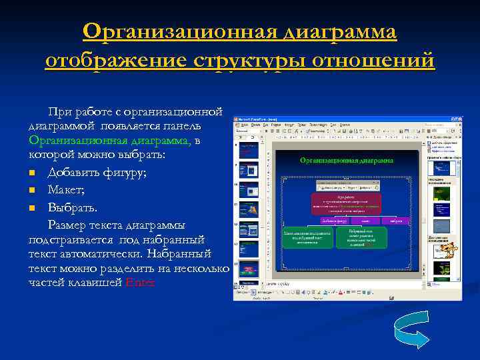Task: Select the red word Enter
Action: pos(139,282)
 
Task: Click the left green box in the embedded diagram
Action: pos(307,238)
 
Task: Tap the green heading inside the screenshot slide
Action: pos(346,160)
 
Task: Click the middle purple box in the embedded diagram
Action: pos(365,220)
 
